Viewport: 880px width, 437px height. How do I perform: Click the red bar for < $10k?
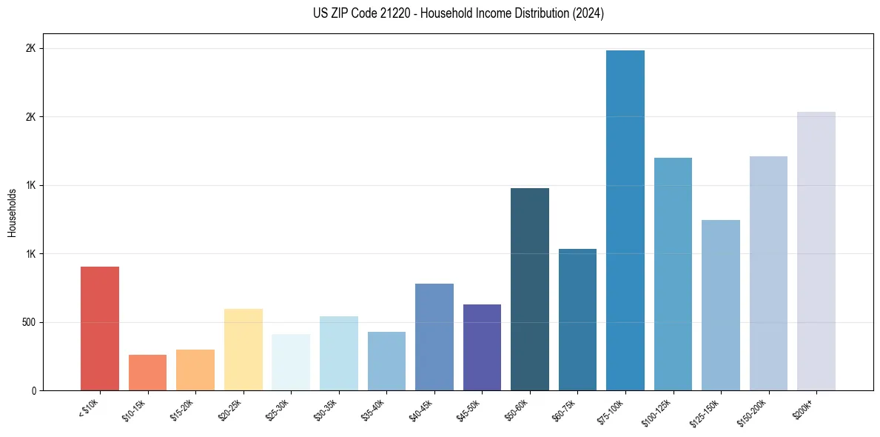100,328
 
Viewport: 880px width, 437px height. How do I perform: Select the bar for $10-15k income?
147,373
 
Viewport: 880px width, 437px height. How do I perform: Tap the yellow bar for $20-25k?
243,350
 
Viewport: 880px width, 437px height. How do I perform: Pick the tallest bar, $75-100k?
625,220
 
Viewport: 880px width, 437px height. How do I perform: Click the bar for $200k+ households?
816,251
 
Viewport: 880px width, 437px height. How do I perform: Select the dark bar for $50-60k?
529,289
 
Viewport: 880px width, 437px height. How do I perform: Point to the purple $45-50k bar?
482,347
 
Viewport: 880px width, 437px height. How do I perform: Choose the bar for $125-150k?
720,305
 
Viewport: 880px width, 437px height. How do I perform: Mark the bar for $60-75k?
577,319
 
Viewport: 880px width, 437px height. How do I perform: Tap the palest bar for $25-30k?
291,362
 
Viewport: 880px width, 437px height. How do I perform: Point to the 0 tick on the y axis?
34,390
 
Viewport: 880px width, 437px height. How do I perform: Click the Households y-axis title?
12,212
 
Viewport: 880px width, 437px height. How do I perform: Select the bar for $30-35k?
338,353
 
